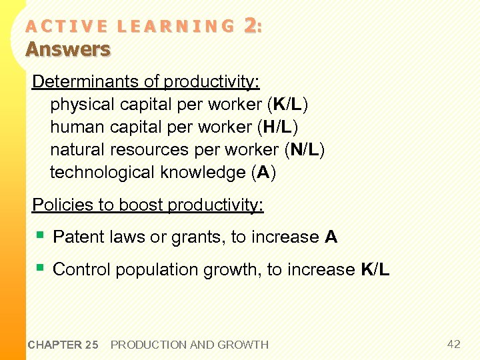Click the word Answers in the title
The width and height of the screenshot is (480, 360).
pos(68,49)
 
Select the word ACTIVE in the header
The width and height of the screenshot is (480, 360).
pos(65,27)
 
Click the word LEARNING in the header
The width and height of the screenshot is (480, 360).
pos(175,27)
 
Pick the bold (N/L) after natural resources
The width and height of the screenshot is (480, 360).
pos(304,150)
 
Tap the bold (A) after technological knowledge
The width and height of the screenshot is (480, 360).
pos(264,173)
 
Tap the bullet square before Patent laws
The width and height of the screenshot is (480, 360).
pos(41,235)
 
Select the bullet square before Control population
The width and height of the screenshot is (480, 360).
pos(41,267)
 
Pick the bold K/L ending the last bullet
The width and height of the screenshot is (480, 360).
pos(375,269)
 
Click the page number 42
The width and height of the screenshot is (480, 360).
pos(453,344)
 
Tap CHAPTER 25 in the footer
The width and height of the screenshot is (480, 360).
pos(63,345)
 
